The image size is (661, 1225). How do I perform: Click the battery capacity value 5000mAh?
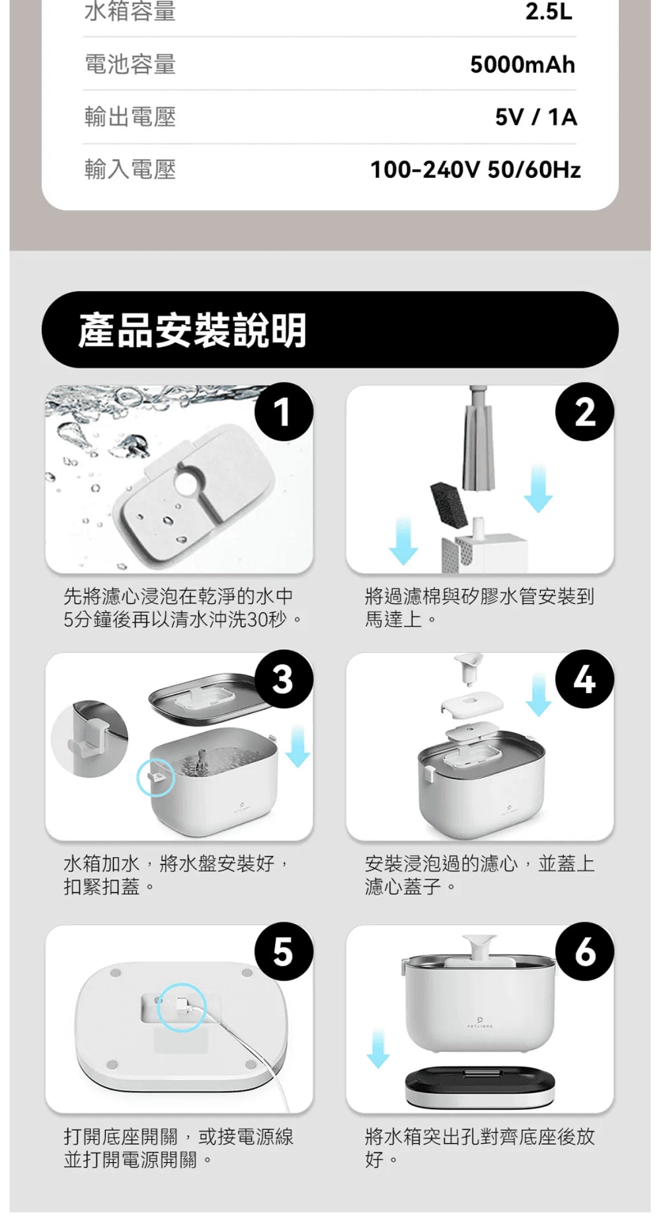tap(522, 65)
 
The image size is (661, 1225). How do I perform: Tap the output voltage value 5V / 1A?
tap(536, 117)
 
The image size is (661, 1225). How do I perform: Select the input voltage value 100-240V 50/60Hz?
tap(475, 170)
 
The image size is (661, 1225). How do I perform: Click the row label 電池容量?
tap(130, 64)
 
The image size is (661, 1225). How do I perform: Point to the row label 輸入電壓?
tap(130, 170)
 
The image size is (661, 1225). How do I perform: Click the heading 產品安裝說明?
tap(192, 330)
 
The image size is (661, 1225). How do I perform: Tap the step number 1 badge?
tap(284, 412)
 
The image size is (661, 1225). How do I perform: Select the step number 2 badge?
tap(585, 412)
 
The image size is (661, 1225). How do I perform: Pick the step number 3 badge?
tap(284, 680)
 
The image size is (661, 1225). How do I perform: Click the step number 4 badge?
tap(585, 680)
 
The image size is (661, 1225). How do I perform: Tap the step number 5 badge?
tap(284, 952)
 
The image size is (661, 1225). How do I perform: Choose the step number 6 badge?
tap(585, 952)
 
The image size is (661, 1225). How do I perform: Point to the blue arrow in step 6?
tap(378, 1048)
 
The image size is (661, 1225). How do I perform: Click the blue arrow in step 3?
tap(299, 746)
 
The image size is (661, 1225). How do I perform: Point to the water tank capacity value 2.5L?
tap(549, 12)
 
